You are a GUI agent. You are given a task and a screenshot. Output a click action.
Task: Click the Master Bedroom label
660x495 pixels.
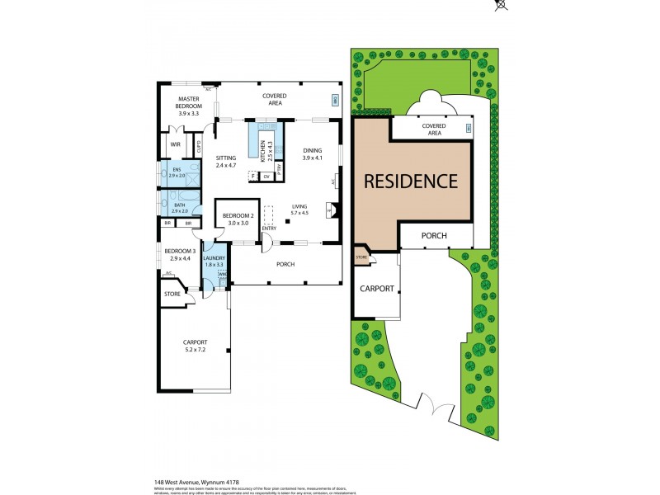(x=189, y=102)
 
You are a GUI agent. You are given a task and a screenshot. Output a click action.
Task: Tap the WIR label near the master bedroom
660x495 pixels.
(x=175, y=144)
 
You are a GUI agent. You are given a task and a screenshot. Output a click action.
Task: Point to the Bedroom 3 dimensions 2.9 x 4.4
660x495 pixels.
(x=179, y=259)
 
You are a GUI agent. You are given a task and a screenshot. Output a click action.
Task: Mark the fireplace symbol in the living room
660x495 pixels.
(x=332, y=211)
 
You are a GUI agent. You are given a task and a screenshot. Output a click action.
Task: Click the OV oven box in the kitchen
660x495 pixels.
(x=266, y=176)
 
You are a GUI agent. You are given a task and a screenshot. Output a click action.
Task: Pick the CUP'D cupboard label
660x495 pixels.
(x=200, y=148)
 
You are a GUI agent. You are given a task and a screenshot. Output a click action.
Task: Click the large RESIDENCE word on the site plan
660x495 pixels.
(x=411, y=181)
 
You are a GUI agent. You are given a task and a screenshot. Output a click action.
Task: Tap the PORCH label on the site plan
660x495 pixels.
(x=434, y=236)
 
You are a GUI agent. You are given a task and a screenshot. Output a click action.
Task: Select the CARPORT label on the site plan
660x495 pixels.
(x=376, y=290)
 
